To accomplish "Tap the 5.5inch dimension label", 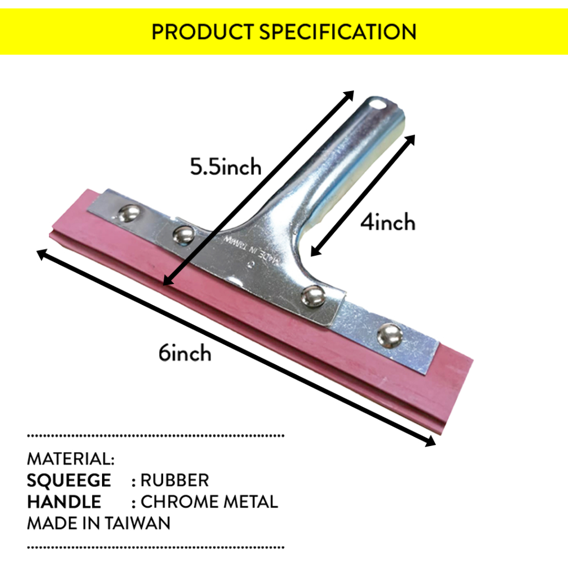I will [x=226, y=166].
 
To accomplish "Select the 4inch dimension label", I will [x=388, y=222].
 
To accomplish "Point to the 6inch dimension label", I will [x=185, y=353].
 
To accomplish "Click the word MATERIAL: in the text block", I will [x=70, y=459].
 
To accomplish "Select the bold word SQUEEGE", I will [x=69, y=480].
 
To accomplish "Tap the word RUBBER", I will [x=175, y=480].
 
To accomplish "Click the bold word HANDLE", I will [x=64, y=502].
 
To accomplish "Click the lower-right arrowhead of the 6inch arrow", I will [x=430, y=442].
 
